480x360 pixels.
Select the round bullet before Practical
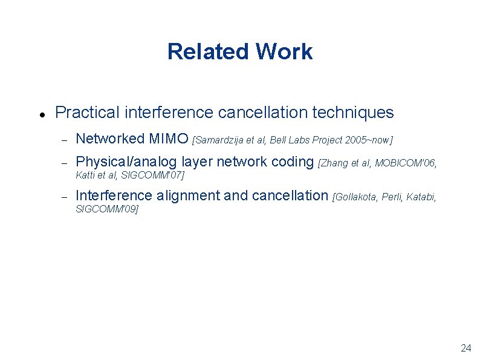39,114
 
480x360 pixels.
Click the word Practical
87,113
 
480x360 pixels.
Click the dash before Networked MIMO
62,140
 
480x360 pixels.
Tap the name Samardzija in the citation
219,140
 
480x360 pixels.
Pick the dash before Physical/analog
62,162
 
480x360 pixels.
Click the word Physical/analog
127,162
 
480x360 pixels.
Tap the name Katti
85,175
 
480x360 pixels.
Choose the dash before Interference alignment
62,196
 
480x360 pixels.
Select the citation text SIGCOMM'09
106,209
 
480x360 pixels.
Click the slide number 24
465,348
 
